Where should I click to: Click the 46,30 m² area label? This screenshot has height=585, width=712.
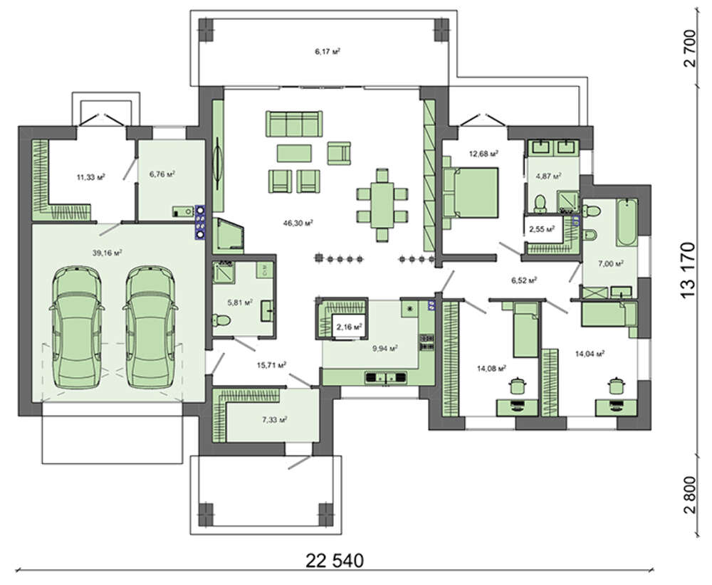pos(298,223)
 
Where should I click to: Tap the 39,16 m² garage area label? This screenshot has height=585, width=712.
pos(108,253)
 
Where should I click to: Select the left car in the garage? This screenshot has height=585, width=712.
pos(77,327)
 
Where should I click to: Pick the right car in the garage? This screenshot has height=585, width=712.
pos(150,327)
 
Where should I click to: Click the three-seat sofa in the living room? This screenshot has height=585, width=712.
pos(294,123)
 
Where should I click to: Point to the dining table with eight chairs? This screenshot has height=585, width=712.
pos(382,205)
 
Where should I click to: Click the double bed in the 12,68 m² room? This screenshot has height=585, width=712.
pos(471,192)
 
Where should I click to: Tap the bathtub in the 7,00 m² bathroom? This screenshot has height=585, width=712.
pos(627,223)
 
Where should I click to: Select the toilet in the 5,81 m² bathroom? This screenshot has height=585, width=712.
pos(221,321)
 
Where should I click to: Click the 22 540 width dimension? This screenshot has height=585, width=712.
pos(335,561)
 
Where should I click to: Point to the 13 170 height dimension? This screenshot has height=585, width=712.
pos(688,270)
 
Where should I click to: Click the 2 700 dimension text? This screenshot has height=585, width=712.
pos(689,48)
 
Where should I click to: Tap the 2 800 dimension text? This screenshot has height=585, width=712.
pos(689,495)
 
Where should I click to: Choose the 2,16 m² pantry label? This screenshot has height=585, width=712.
pos(349,327)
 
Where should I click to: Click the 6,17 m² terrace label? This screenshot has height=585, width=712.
pos(328,51)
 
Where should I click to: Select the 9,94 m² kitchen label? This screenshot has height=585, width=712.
pos(385,348)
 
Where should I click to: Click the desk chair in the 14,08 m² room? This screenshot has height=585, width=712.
pos(517,386)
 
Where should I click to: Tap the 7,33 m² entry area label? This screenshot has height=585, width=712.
pos(275,420)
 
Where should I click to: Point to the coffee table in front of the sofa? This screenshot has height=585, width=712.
pos(294,153)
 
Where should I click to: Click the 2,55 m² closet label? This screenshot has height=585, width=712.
pos(542,229)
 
